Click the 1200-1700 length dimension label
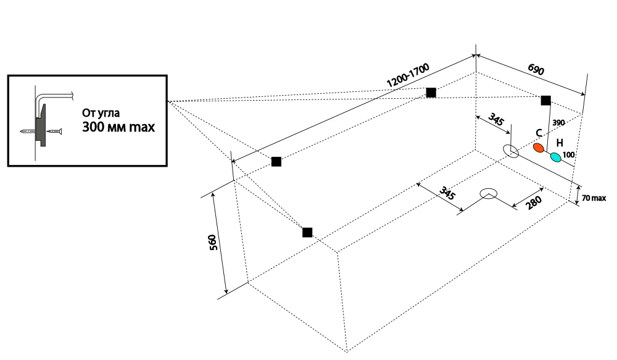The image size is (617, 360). click(x=408, y=75)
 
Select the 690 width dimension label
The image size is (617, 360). click(x=536, y=69)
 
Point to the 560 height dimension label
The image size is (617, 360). click(x=212, y=243)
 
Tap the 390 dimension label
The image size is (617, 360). click(x=559, y=123)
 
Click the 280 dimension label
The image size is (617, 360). click(x=534, y=203)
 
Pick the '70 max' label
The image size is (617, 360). click(x=594, y=198)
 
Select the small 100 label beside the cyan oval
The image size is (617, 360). click(x=569, y=155)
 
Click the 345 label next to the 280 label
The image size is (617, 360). click(x=447, y=193)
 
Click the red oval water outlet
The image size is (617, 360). click(x=539, y=148)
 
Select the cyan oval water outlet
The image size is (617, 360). click(x=556, y=157)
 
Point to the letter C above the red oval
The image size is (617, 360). click(x=539, y=133)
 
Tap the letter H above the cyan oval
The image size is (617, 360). click(x=560, y=143)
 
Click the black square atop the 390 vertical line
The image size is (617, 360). click(x=546, y=101)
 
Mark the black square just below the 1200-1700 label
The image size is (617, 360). click(x=431, y=93)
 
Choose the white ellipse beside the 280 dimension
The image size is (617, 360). click(x=489, y=193)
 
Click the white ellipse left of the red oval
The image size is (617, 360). click(x=511, y=151)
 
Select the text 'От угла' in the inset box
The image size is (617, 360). click(x=101, y=113)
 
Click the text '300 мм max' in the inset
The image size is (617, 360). click(x=118, y=127)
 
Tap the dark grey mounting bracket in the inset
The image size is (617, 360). click(x=41, y=126)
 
